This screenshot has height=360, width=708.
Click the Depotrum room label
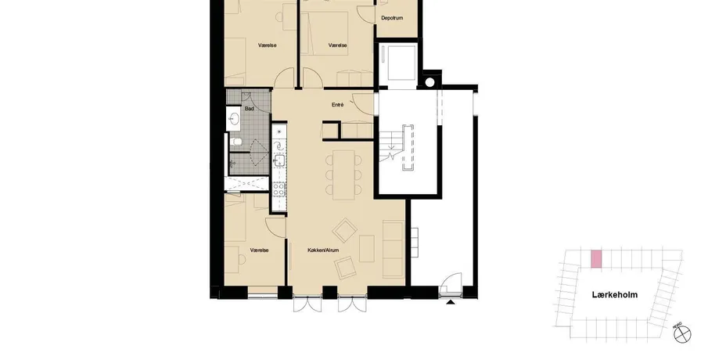(x=391, y=18)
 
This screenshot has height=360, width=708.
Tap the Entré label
(x=337, y=105)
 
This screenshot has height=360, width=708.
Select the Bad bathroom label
(x=250, y=109)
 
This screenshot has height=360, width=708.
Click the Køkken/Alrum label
(x=323, y=250)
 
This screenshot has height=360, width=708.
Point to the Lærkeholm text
(x=615, y=295)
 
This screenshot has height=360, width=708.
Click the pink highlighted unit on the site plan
(x=596, y=259)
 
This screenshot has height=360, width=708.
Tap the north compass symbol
(x=682, y=334)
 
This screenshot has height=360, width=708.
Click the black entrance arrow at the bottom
(x=450, y=301)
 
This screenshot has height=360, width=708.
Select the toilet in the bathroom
(x=235, y=142)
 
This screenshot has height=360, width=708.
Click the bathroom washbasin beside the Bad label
(x=233, y=119)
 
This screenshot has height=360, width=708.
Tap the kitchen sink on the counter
(x=279, y=160)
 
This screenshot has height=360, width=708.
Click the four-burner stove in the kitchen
(x=279, y=189)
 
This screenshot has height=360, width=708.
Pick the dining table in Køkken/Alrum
(x=343, y=175)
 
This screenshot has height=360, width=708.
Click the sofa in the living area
(x=393, y=249)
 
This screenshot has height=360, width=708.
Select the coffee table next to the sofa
(x=367, y=248)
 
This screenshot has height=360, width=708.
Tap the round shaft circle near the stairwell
(x=429, y=82)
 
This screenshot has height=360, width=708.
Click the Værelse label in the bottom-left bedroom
(x=259, y=250)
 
